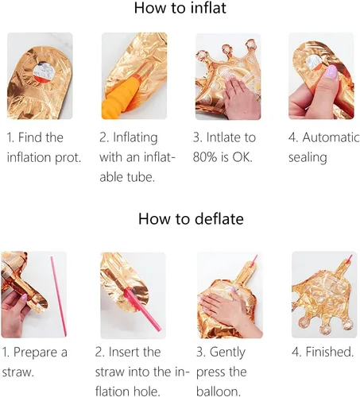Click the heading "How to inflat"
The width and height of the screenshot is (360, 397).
point(180,8)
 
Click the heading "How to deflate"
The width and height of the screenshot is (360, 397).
point(191,219)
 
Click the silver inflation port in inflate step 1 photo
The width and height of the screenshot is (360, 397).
point(44,71)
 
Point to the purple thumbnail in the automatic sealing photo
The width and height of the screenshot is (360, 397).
point(331,71)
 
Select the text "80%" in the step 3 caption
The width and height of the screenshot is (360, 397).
point(205,157)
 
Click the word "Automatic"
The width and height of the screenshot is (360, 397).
point(331,137)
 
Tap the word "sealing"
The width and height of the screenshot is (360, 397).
point(308,158)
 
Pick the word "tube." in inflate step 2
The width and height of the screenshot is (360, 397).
point(141,177)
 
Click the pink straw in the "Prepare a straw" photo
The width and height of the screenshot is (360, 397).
point(58,296)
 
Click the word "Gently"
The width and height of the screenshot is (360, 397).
point(227,353)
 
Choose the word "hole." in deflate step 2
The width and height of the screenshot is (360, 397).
point(147,391)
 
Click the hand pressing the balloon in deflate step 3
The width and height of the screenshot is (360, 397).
point(228,310)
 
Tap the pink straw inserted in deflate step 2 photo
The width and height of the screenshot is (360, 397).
point(143,310)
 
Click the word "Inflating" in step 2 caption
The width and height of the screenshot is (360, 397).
point(135,138)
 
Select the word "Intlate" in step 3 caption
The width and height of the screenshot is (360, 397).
point(223,137)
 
